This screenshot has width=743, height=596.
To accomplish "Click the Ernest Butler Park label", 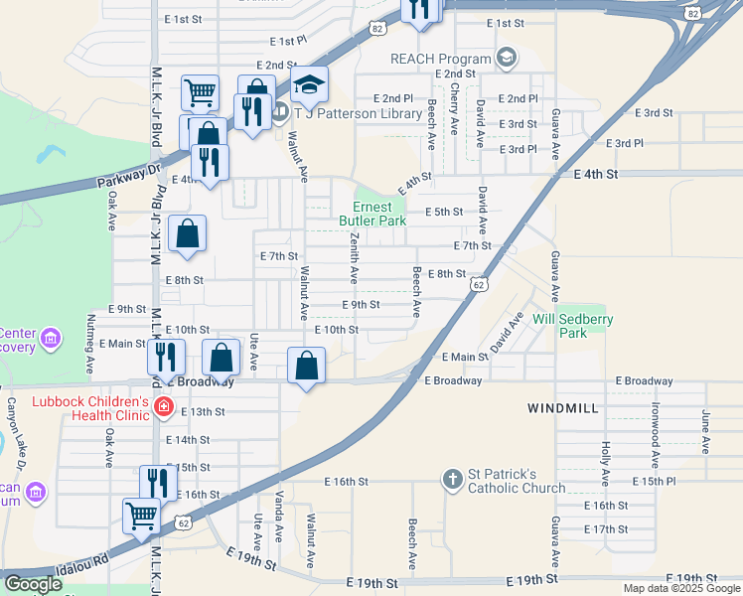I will tap(372, 213).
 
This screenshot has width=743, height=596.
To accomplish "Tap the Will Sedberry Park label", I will tap(573, 326).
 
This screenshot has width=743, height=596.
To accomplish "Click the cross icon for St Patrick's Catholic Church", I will tap(453, 479).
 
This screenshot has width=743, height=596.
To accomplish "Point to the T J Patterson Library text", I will tap(359, 114).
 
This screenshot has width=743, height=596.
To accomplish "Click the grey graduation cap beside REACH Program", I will tap(508, 58).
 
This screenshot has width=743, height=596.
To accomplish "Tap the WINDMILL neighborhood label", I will tap(562, 408).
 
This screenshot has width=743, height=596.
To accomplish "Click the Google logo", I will tap(33, 584).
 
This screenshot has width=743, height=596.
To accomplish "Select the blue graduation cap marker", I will tap(309, 86).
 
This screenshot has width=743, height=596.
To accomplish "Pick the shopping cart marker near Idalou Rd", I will tap(141, 517).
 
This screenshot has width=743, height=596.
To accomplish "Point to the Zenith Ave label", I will tap(353, 260).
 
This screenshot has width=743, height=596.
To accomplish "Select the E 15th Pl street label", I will tap(653, 481).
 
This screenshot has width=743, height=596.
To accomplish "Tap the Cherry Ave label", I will tap(454, 109).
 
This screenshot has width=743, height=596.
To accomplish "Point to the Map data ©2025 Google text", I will tap(680, 588).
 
